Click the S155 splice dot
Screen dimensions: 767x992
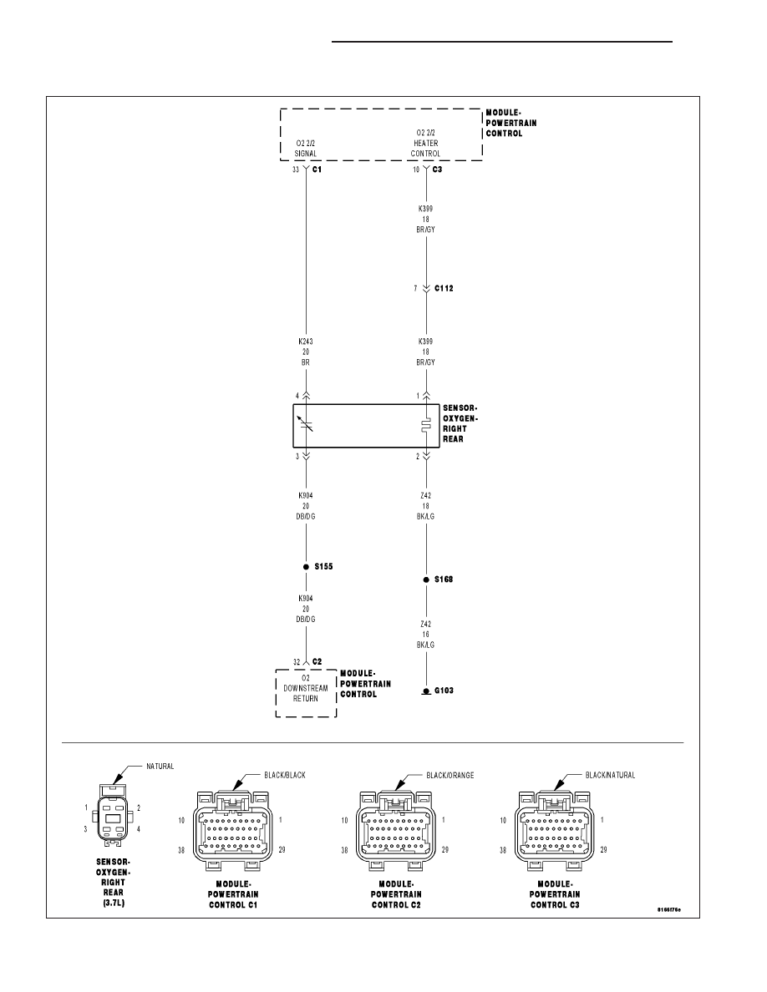pos(307,567)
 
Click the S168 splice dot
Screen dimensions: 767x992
pos(426,580)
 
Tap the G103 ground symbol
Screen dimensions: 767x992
pos(426,691)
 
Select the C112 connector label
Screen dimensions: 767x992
pos(444,288)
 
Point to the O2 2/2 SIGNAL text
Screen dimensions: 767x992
pos(306,149)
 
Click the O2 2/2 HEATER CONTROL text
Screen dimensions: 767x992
pos(425,143)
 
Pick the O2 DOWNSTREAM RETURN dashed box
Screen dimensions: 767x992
pos(307,693)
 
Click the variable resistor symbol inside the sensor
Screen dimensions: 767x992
pos(307,425)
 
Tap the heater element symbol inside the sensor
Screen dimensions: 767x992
pos(426,425)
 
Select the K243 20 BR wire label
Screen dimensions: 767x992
pos(306,352)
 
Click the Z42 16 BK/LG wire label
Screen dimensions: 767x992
pos(425,635)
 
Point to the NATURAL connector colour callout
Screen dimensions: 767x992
pos(160,767)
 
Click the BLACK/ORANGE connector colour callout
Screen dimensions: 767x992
pos(450,775)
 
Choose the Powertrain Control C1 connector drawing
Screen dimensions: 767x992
pos(233,829)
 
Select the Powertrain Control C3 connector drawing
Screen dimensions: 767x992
pos(555,829)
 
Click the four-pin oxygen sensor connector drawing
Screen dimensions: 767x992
pos(113,815)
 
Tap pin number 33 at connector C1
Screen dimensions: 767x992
pos(296,170)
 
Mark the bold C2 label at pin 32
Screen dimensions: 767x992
pos(317,662)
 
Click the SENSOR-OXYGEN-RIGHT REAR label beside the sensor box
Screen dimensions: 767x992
pos(460,424)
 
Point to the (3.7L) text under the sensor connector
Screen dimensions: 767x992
pos(114,903)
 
